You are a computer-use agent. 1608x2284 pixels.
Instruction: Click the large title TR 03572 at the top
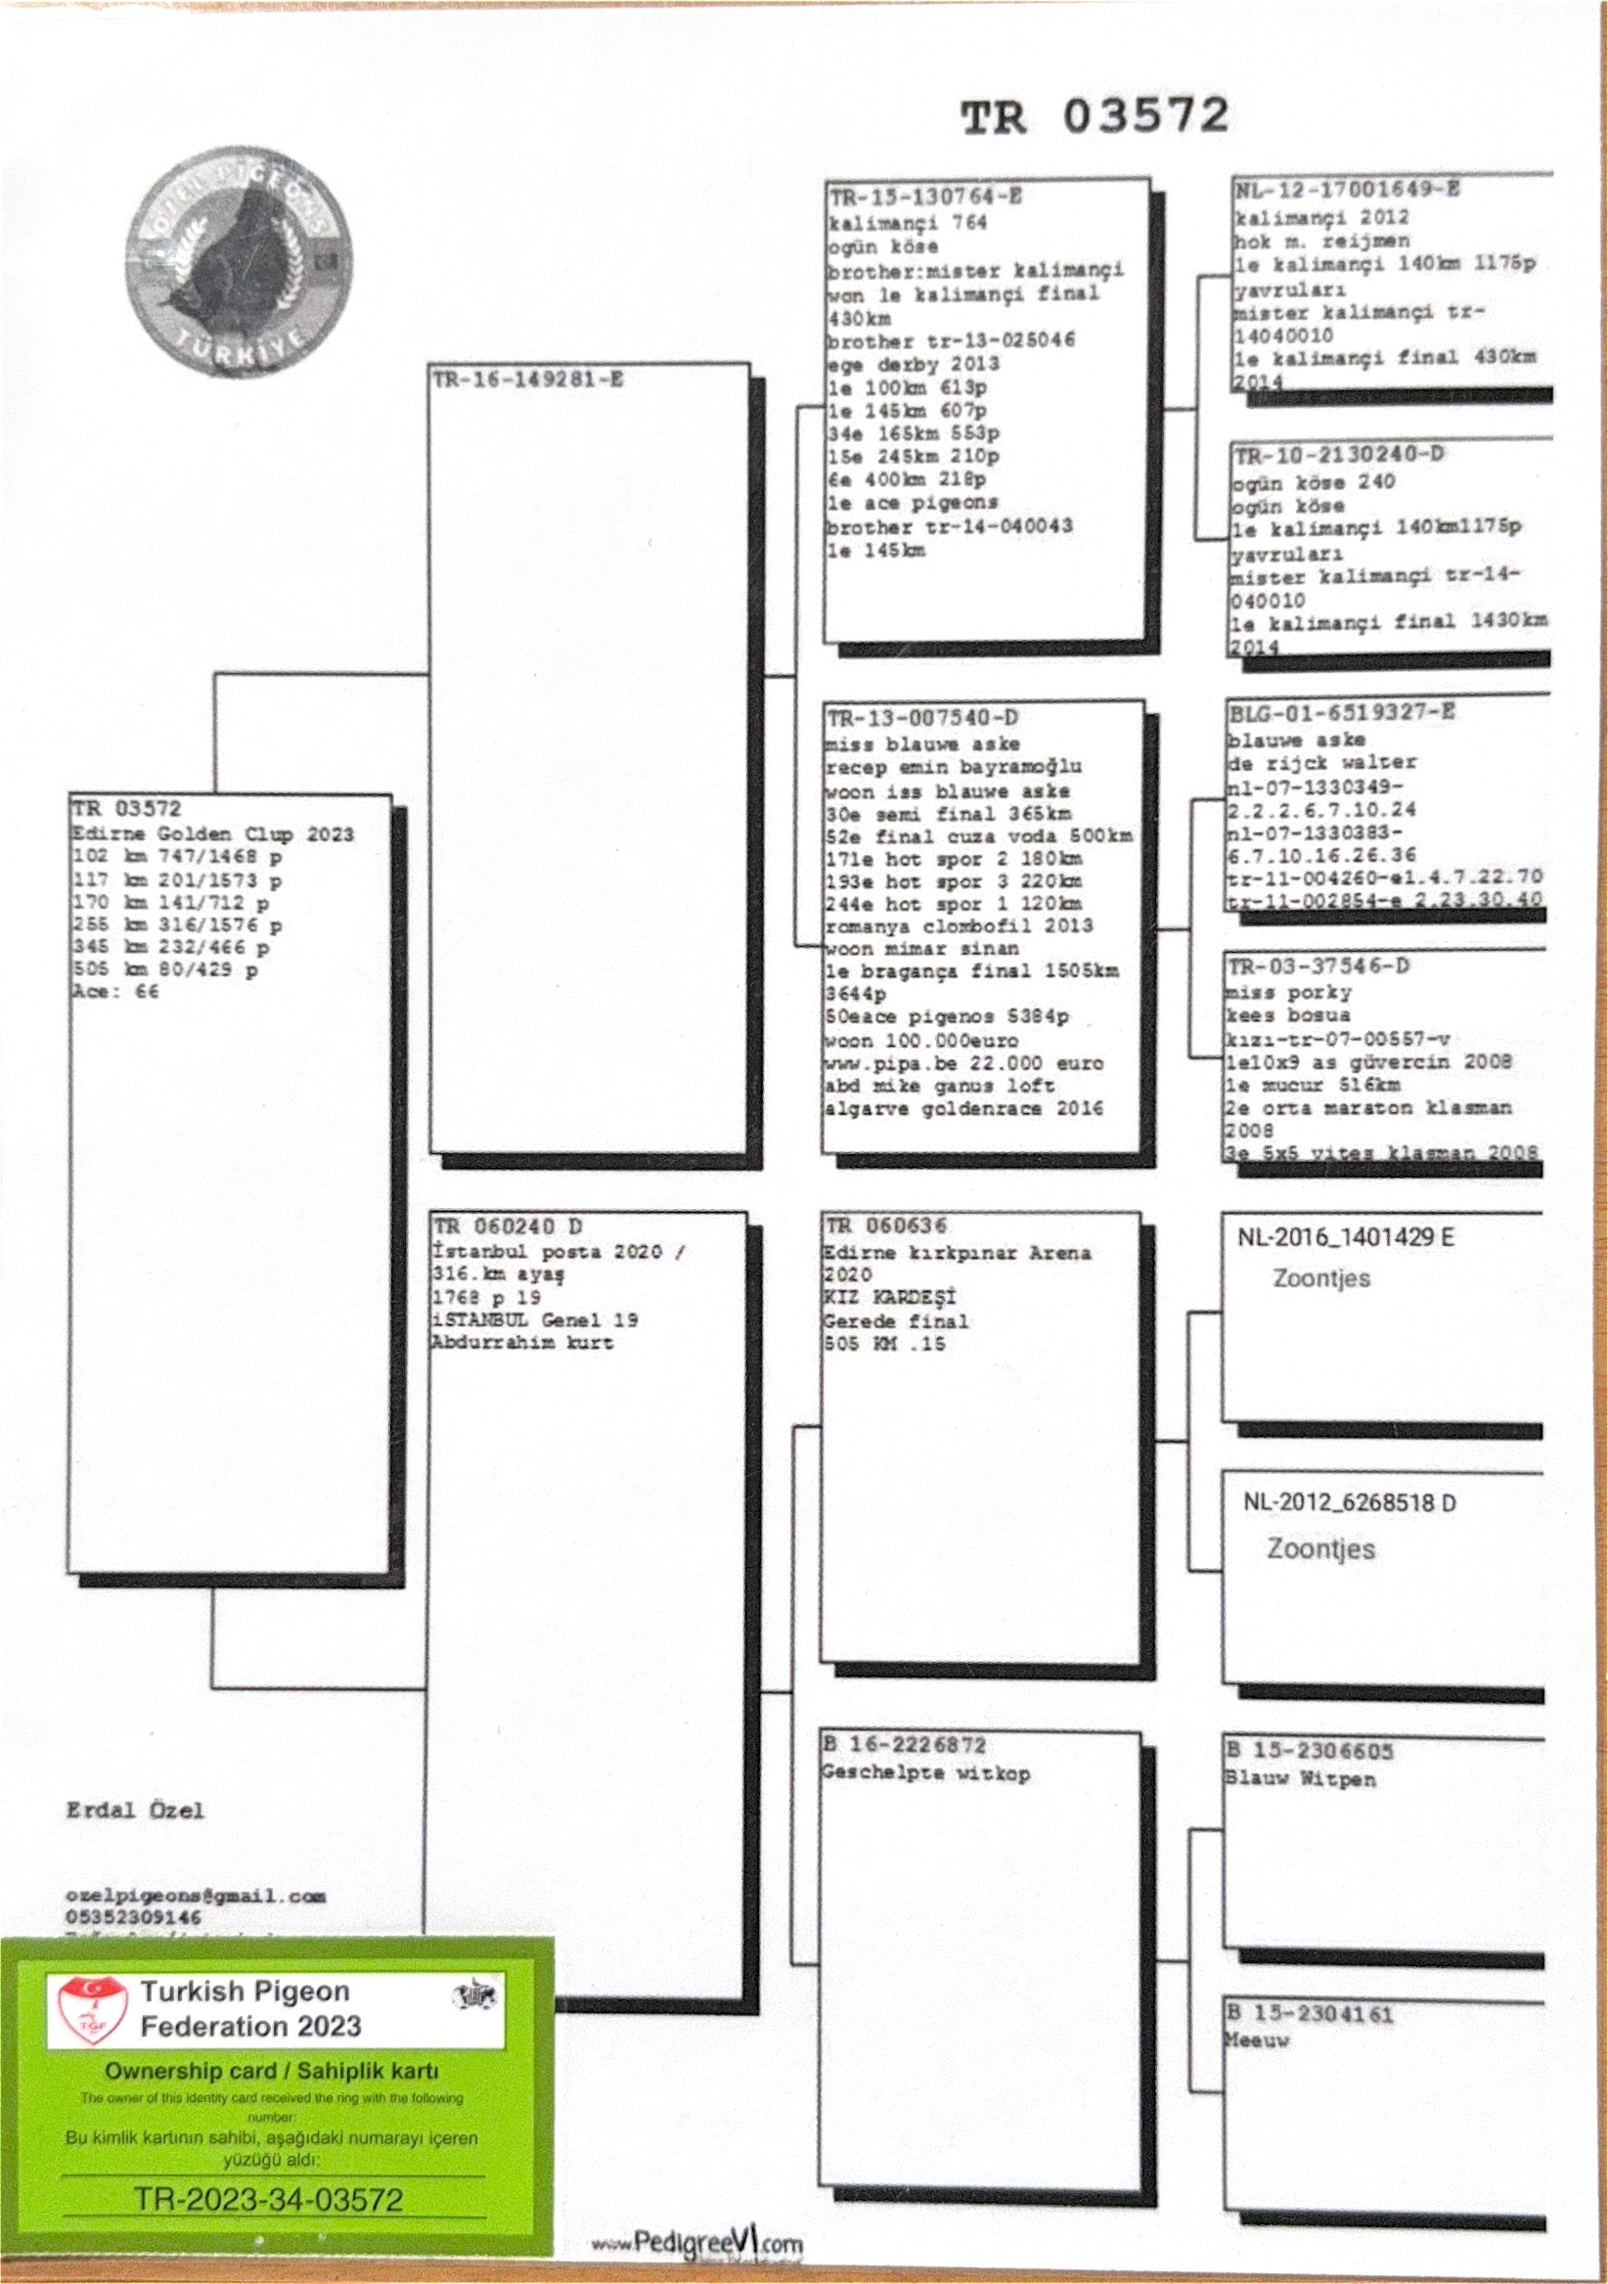click(x=1094, y=116)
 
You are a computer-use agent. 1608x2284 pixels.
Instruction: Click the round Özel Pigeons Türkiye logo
click(x=239, y=264)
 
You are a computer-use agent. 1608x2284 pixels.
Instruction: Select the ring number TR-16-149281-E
click(x=527, y=379)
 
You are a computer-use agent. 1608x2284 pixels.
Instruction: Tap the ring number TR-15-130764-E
click(x=925, y=197)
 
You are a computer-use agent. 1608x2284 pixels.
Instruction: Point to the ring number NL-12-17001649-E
click(x=1347, y=190)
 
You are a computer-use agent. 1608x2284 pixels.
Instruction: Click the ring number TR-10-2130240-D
click(x=1338, y=456)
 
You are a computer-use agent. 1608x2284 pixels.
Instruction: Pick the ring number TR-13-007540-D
click(x=921, y=718)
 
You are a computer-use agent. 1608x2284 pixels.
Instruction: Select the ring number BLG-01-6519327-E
click(x=1342, y=713)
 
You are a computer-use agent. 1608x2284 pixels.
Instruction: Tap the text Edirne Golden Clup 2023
click(x=213, y=833)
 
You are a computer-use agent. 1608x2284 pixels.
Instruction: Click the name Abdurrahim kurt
click(x=522, y=1343)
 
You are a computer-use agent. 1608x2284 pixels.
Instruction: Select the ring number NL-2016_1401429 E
click(x=1345, y=1237)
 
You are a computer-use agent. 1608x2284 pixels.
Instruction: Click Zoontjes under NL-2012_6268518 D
click(x=1320, y=1548)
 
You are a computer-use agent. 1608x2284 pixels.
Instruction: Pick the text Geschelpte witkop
click(x=926, y=1772)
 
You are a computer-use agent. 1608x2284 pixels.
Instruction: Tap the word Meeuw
click(x=1257, y=2039)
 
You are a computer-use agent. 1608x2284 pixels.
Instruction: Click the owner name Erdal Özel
click(x=135, y=1811)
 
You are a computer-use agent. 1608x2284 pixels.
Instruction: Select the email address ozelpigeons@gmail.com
click(x=196, y=1896)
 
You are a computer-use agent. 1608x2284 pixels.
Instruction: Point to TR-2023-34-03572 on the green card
click(x=269, y=2199)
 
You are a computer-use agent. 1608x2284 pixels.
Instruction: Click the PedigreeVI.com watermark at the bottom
click(x=697, y=2243)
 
